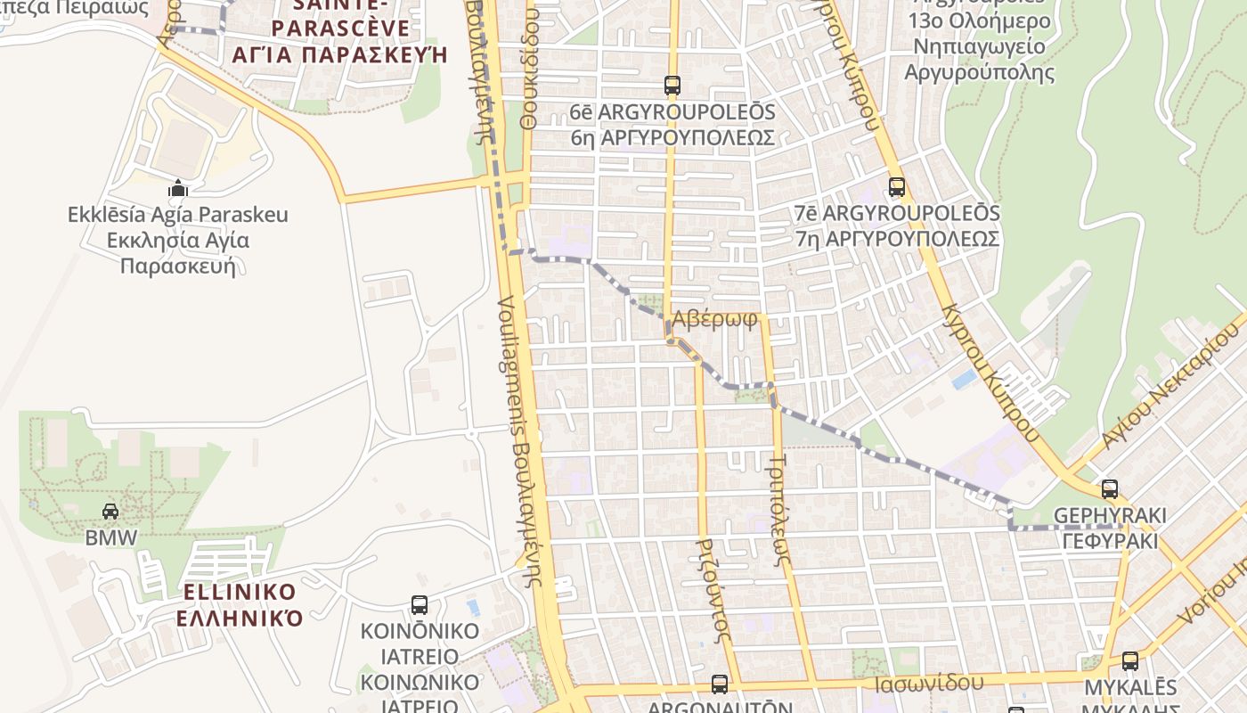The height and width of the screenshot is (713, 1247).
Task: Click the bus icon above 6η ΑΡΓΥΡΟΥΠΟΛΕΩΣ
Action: pos(672,86)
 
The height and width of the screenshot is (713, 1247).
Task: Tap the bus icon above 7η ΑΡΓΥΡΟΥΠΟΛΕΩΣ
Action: pos(897,187)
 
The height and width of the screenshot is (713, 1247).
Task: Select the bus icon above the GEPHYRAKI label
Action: pos(1110,488)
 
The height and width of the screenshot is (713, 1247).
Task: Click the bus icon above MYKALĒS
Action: pos(1130,660)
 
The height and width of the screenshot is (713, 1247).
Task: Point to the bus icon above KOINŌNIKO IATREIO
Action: pos(420,604)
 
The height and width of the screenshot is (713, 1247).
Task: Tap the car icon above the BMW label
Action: pos(110,511)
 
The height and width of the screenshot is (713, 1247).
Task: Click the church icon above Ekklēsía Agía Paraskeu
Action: pos(178,188)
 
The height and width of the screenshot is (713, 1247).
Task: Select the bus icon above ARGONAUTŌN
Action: pos(720,684)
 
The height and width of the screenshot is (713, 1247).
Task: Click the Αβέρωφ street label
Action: pos(715,319)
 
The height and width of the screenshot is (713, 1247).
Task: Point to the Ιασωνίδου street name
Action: pos(929,684)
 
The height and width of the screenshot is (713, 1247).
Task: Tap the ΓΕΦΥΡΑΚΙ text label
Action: pos(1110,541)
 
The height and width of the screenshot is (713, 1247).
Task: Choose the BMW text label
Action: pos(111,537)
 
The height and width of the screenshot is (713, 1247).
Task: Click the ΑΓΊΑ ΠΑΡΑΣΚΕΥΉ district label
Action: pos(338,55)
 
